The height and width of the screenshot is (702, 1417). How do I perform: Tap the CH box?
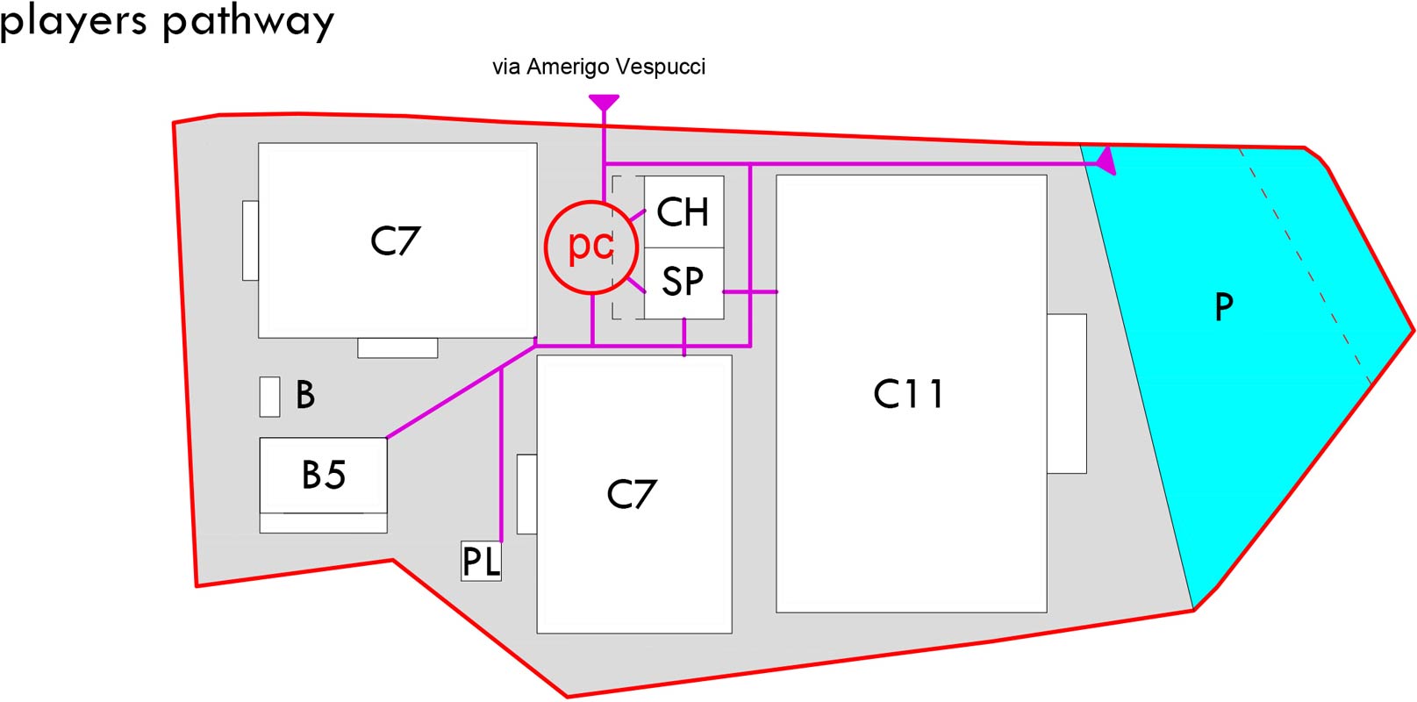[683, 211]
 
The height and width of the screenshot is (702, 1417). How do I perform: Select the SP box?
[683, 283]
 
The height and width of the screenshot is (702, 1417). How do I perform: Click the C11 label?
[909, 393]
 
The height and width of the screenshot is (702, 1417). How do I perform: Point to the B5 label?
[324, 475]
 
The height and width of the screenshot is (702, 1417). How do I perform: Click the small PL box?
[482, 561]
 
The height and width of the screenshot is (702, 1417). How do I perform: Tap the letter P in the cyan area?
[1224, 307]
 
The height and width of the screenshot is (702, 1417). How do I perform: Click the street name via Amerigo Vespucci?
[598, 67]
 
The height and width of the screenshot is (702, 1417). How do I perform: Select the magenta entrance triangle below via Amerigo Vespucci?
[604, 103]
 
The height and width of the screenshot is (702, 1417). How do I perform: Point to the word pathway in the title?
[248, 23]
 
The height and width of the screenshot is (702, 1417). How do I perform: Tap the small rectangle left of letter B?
[269, 397]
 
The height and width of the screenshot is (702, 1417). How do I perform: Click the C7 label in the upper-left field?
[395, 241]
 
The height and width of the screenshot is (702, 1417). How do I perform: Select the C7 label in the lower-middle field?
[632, 494]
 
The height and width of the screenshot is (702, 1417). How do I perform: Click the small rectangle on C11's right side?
[1067, 393]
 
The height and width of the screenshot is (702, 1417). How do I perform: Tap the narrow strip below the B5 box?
[323, 523]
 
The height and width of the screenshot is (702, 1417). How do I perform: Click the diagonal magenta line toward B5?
[462, 391]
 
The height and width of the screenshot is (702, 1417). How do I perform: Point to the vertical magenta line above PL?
[501, 455]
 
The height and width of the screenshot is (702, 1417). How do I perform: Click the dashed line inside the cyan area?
[1305, 266]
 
